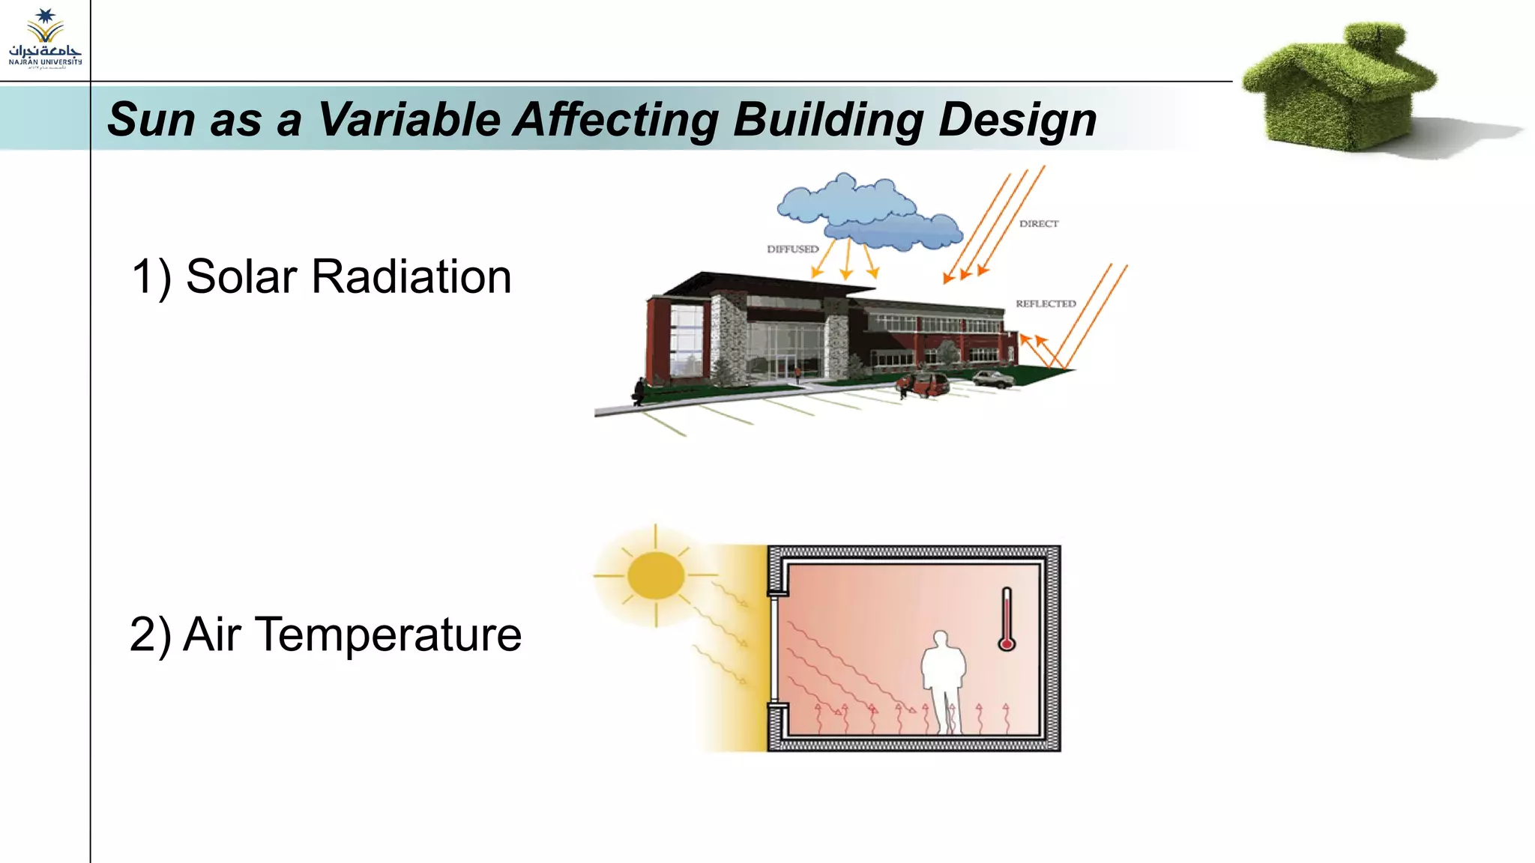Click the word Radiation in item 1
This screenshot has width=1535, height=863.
[x=411, y=276]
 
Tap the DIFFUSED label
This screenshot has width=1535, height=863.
[x=792, y=249]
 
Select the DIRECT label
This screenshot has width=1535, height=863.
[x=1038, y=224]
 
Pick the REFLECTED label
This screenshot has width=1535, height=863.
[x=1046, y=303]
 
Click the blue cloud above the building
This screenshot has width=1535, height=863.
[x=862, y=210]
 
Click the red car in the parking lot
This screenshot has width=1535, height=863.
[x=926, y=385]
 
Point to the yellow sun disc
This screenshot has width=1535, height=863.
[x=656, y=575]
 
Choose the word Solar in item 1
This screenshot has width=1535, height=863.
[x=241, y=276]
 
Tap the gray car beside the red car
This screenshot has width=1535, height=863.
[x=993, y=379]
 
